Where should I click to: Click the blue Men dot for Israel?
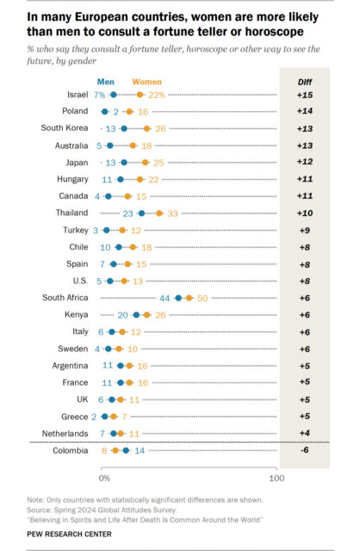113,95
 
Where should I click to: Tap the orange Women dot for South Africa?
189,298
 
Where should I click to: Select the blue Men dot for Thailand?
142,214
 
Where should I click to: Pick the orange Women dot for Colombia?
115,450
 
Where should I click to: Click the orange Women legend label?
147,82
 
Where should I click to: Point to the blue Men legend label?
105,82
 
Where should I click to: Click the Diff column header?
305,83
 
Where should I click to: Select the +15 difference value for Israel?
305,95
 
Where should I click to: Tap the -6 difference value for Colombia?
305,449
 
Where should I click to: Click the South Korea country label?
65,127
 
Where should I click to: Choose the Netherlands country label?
65,433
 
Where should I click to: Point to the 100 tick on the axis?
276,479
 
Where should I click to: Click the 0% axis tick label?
104,479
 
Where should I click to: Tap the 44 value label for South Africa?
164,299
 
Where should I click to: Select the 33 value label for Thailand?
172,214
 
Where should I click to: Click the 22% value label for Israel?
157,95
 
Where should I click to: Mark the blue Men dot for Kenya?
136,315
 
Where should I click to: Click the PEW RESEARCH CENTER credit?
69,534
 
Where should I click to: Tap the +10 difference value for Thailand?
305,213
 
